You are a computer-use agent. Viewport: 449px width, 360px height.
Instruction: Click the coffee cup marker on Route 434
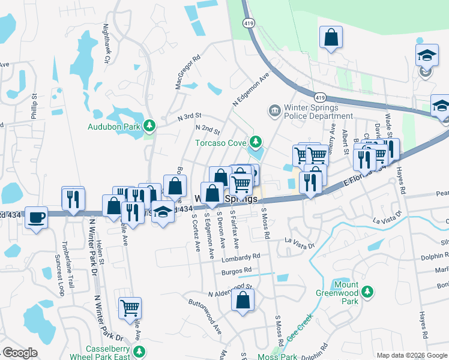(x=37, y=217)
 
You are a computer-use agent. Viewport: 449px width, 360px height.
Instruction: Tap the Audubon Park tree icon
(x=154, y=126)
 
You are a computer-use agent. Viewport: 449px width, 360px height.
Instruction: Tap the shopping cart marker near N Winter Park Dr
(x=130, y=308)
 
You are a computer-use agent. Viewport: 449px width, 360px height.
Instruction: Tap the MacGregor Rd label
(x=187, y=73)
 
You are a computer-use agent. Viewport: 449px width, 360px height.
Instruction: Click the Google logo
(x=20, y=353)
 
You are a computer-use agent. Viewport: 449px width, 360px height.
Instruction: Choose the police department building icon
(x=274, y=111)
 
